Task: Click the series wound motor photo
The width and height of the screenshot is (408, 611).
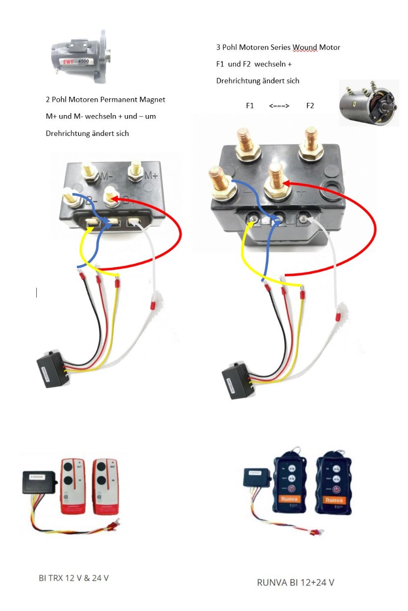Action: click(x=369, y=102)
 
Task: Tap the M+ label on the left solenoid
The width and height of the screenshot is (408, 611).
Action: click(x=151, y=176)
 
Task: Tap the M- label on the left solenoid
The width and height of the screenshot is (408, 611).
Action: click(x=106, y=177)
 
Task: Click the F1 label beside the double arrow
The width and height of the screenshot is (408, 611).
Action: click(x=249, y=106)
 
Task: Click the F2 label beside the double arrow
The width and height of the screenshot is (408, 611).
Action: click(x=310, y=106)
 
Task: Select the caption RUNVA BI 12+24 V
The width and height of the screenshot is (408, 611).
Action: click(x=295, y=582)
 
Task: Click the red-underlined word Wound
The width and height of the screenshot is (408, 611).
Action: click(x=304, y=47)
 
